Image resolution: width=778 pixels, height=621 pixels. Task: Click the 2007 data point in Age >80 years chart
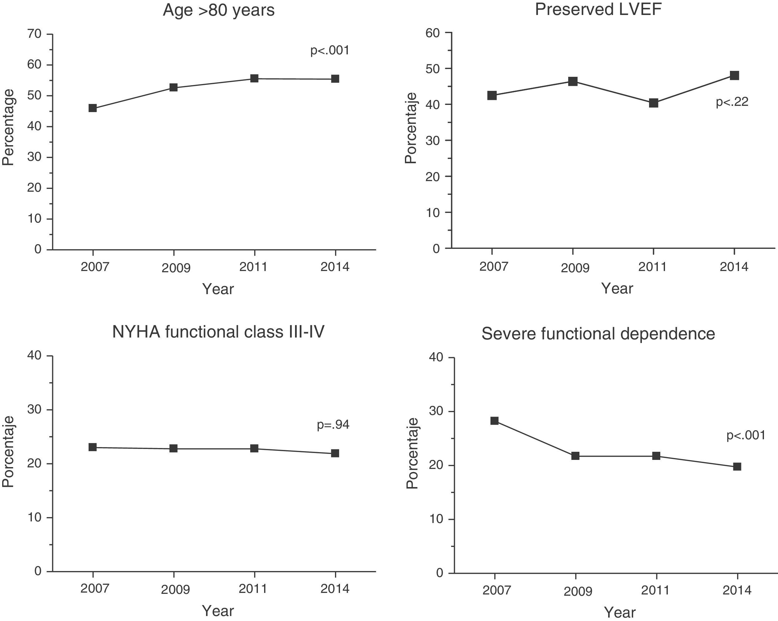[x=93, y=108]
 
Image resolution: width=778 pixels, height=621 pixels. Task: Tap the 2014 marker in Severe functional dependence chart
[x=737, y=466]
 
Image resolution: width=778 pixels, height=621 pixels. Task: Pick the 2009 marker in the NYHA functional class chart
[x=174, y=449]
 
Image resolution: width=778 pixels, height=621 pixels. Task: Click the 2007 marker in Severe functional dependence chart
[x=495, y=421]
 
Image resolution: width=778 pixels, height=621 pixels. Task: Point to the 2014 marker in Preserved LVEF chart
[x=734, y=76]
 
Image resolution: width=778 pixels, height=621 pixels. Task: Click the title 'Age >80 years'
[x=219, y=10]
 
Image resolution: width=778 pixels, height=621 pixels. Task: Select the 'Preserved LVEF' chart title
[x=598, y=9]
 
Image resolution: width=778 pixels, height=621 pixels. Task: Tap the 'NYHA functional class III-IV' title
[x=218, y=332]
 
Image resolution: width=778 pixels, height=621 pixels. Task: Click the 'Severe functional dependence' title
[x=598, y=334]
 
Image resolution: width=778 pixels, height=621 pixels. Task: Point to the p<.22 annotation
[x=732, y=102]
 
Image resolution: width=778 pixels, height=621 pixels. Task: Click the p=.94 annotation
[x=333, y=425]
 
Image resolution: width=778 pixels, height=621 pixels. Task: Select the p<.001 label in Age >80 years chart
[x=330, y=50]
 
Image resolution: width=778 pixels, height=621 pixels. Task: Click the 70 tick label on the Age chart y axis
[x=34, y=34]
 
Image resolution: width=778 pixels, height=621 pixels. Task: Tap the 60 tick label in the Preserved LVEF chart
[x=433, y=33]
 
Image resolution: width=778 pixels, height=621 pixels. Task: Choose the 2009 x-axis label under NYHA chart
[x=175, y=589]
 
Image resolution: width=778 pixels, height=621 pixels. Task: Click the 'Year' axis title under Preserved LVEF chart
[x=617, y=288]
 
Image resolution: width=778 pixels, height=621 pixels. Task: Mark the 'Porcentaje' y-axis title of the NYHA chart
[x=8, y=452]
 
